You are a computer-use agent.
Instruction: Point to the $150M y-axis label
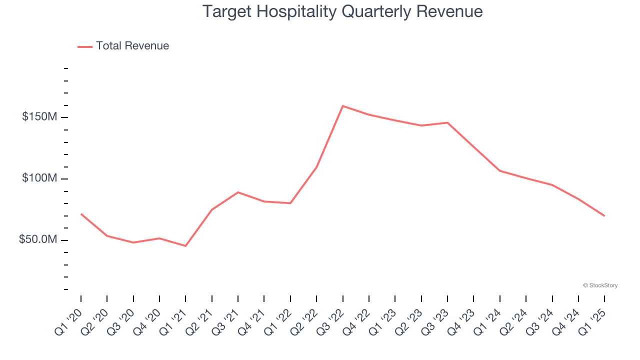pyautogui.click(x=39, y=117)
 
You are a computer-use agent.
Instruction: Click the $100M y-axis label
pyautogui.click(x=39, y=178)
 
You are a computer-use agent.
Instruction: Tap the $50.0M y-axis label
pyautogui.click(x=38, y=240)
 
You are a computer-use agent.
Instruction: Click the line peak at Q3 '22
pyautogui.click(x=342, y=106)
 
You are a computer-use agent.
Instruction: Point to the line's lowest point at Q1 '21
pyautogui.click(x=185, y=246)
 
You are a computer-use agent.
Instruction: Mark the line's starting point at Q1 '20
pyautogui.click(x=81, y=214)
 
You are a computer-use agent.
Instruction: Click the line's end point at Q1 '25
pyautogui.click(x=604, y=216)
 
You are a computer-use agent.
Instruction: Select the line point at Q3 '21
pyautogui.click(x=238, y=192)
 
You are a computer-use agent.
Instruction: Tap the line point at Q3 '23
pyautogui.click(x=447, y=122)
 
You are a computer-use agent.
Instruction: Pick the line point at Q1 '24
pyautogui.click(x=500, y=171)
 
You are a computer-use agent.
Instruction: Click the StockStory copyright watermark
pyautogui.click(x=600, y=285)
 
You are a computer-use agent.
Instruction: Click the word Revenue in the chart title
pyautogui.click(x=451, y=11)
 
